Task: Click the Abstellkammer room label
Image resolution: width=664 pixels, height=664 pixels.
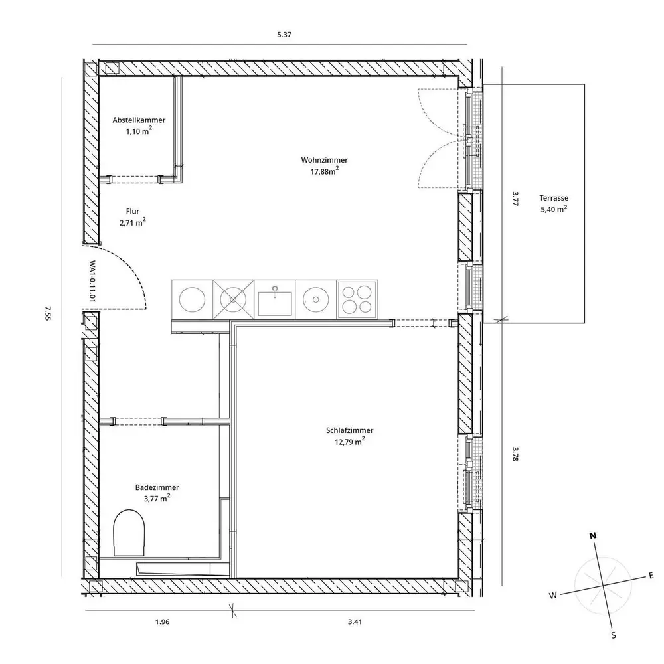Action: coord(139,120)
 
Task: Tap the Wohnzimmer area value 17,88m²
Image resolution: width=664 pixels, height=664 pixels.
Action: coord(325,171)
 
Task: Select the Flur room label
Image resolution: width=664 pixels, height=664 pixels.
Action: coord(133,211)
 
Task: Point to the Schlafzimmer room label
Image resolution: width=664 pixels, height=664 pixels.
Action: coord(350,430)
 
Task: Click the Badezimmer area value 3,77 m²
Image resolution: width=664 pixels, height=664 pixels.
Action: coord(157,498)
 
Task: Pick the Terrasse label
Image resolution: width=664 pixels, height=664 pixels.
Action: coord(554,198)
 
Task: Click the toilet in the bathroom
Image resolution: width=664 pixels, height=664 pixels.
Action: coord(129,533)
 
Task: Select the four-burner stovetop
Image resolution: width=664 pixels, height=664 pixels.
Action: coord(357,299)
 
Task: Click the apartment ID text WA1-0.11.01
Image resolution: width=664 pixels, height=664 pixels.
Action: coord(92,281)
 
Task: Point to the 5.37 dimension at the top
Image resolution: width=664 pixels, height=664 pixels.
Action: coord(284,35)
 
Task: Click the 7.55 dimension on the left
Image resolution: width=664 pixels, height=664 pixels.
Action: coord(48,313)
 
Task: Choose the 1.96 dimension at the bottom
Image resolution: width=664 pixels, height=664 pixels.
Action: coord(162,622)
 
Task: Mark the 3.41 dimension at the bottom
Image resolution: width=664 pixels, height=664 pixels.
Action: coord(355,622)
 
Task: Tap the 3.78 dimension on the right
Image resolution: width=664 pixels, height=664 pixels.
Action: coord(515,454)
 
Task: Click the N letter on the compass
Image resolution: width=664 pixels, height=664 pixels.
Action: coord(593,536)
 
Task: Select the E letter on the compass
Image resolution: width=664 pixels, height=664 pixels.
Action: coord(651,576)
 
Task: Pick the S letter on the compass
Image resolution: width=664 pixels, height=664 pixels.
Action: coord(613,635)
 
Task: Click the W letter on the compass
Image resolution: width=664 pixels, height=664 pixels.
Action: coord(553,595)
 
